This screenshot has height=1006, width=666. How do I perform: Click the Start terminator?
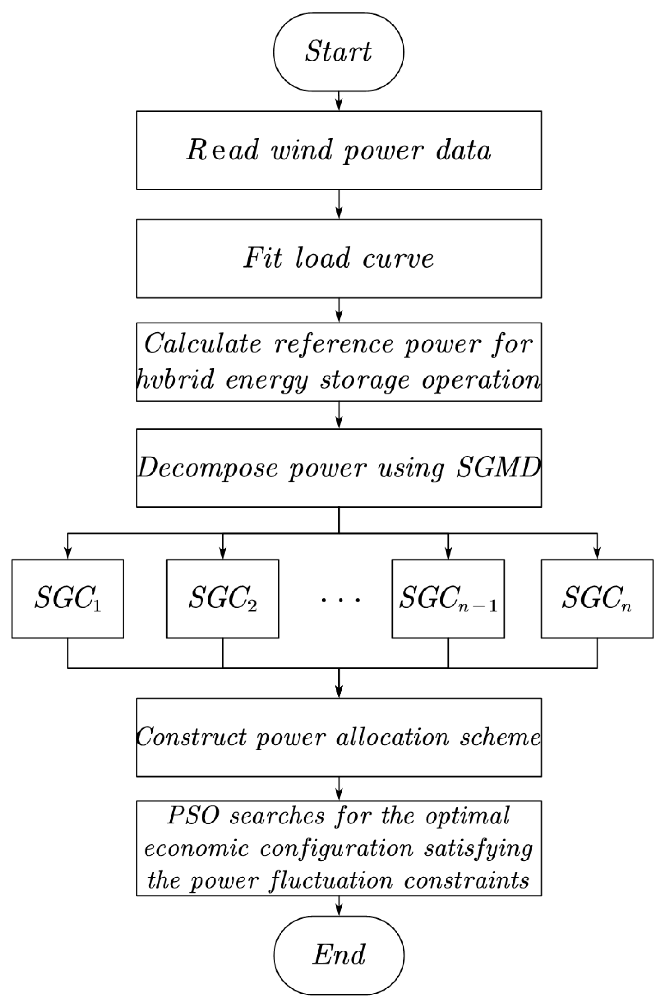tap(339, 52)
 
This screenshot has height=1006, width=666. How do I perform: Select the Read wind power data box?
tap(339, 150)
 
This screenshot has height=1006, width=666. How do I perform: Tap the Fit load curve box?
tap(339, 258)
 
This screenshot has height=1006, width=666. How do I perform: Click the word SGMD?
tap(498, 468)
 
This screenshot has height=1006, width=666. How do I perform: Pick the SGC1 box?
tap(68, 598)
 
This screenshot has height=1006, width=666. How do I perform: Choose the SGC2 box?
tap(223, 598)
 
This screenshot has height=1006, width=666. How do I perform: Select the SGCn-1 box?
tap(448, 598)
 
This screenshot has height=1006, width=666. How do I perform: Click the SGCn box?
tap(597, 598)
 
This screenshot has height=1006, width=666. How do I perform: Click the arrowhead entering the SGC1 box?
tap(68, 554)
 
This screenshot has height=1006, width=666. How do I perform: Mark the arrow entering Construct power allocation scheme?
tap(339, 689)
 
